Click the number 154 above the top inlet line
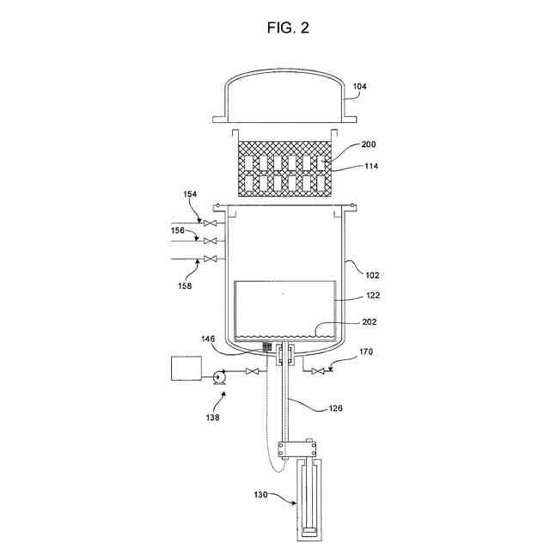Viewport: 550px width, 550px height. coord(190,195)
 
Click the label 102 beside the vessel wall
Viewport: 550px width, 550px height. coord(371,276)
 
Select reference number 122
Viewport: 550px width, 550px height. coord(371,295)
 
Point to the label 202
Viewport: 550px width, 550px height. coord(370,322)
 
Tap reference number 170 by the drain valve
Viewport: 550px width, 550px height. coord(365,352)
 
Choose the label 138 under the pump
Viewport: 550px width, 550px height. coord(212,419)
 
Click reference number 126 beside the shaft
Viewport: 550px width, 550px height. coord(335,408)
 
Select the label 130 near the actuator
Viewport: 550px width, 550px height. coord(262,496)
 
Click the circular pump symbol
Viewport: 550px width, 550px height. coord(217,375)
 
